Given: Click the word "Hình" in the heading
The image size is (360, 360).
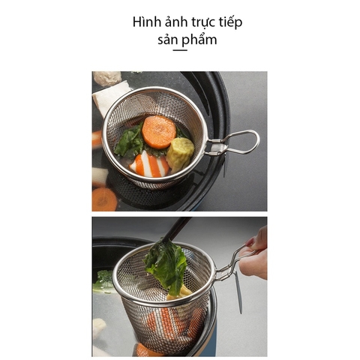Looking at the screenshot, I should [x=148, y=22].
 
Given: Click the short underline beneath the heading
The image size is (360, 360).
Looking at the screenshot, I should [x=180, y=50].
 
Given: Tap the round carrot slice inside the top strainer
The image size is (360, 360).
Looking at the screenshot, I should [x=158, y=132].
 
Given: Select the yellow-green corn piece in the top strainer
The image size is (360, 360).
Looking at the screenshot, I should [x=180, y=153].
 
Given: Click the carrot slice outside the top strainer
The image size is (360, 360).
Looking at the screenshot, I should [x=104, y=199].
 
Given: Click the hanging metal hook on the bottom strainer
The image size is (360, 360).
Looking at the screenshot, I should [x=238, y=292].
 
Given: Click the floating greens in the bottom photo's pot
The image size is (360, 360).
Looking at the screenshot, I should [x=103, y=282].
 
